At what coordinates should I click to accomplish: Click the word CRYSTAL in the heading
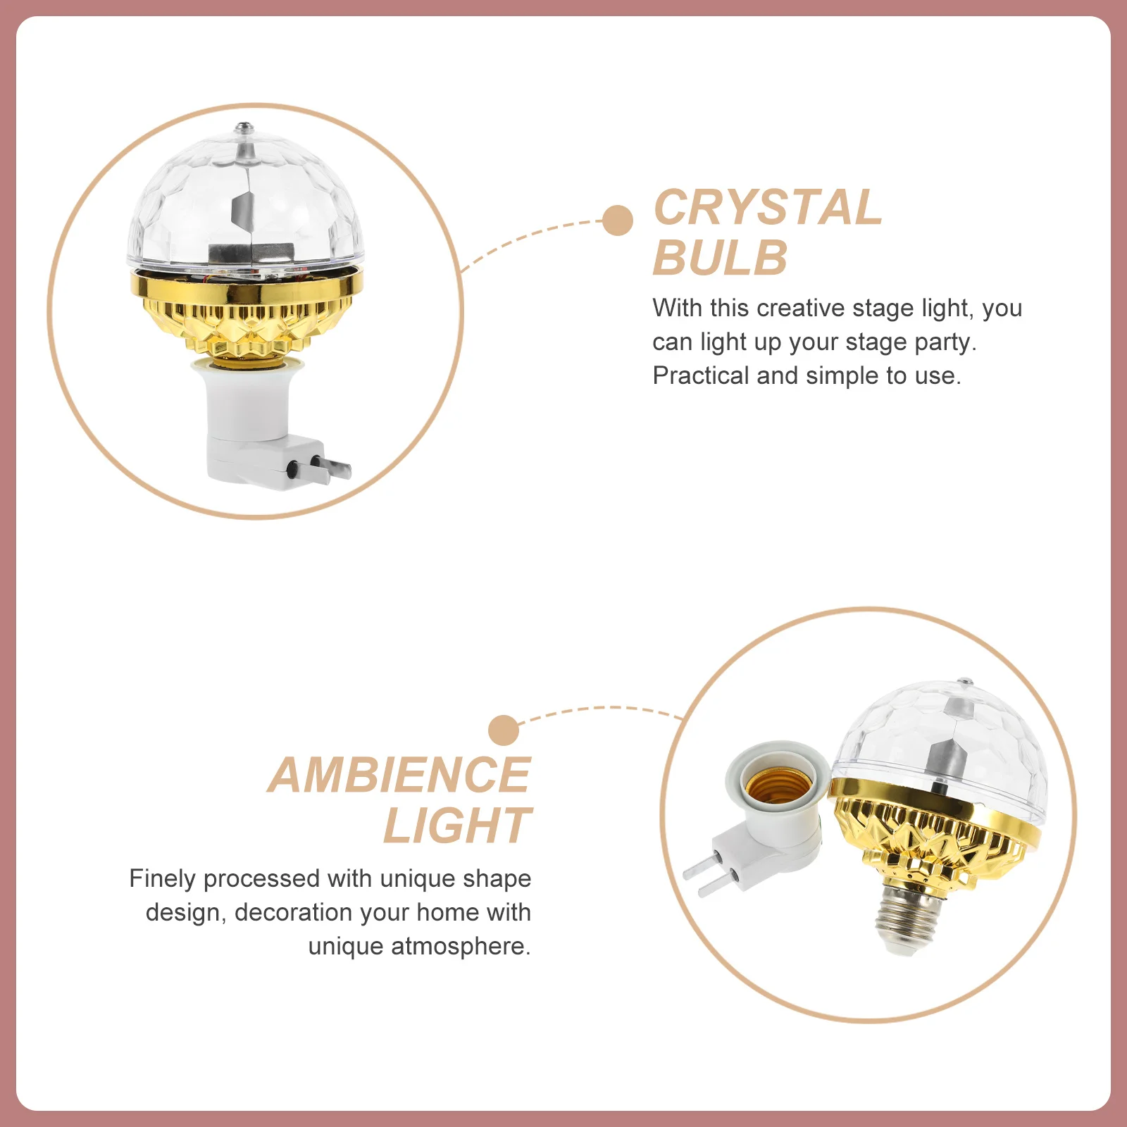tap(768, 208)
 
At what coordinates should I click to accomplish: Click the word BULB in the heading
tap(720, 259)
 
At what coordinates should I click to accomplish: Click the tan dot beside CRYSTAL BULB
tap(618, 220)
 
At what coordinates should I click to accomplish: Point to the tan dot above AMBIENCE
tap(503, 730)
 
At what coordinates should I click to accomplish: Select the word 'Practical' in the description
tap(700, 375)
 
